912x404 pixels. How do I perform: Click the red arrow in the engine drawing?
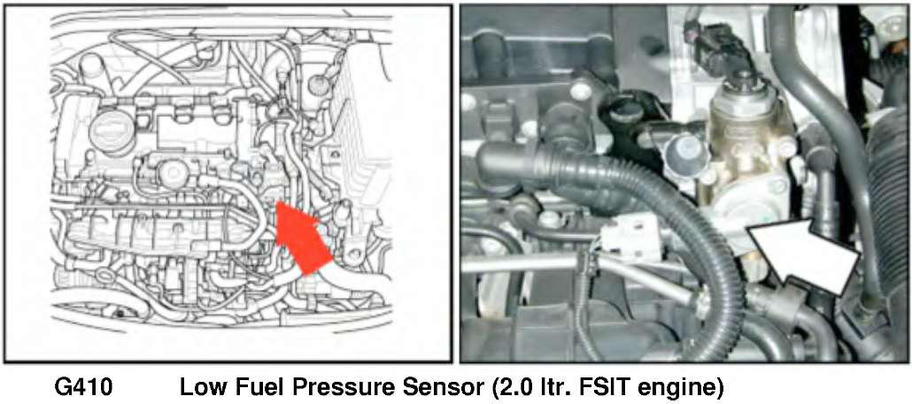click(x=299, y=235)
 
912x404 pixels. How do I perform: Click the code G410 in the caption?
click(x=85, y=387)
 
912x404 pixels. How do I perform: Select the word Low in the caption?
click(x=199, y=387)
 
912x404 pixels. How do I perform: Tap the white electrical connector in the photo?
click(x=630, y=241)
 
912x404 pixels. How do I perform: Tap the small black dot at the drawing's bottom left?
click(x=119, y=315)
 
